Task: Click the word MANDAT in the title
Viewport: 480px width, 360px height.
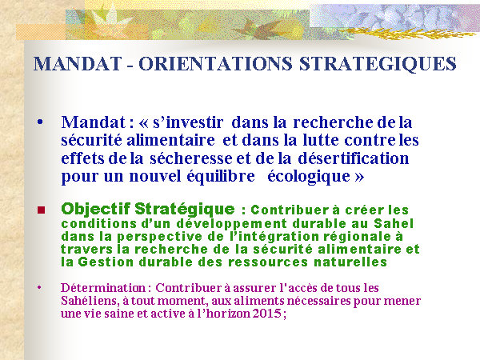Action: [x=78, y=64]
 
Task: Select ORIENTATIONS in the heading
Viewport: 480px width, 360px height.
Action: [x=215, y=64]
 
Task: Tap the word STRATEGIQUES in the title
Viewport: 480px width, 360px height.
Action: [x=378, y=64]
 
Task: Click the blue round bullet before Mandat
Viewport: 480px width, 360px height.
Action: [x=40, y=122]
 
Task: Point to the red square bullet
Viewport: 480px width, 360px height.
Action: [x=41, y=210]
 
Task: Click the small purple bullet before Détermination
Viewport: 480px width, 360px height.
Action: [x=39, y=287]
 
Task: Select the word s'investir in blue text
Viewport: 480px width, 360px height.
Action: [x=188, y=122]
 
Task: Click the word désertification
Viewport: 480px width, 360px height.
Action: [x=354, y=158]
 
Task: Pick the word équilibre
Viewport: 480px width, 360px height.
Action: [x=221, y=177]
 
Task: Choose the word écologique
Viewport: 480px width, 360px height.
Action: [x=309, y=177]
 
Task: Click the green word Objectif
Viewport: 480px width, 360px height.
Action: [x=95, y=209]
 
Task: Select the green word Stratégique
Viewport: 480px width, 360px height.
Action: [x=185, y=209]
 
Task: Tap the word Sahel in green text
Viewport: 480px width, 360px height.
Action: [x=394, y=223]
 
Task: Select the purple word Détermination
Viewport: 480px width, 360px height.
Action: [x=103, y=288]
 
